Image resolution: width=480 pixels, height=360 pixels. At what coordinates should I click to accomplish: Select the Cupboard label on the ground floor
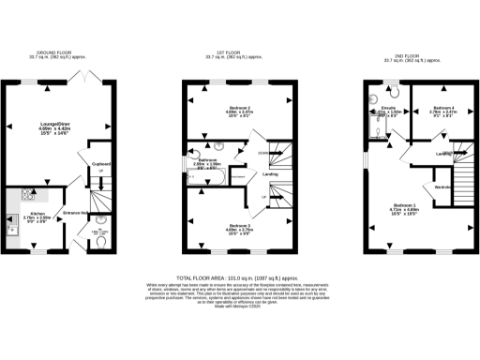click(x=102, y=163)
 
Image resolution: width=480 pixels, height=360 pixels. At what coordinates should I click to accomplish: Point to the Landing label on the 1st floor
click(x=269, y=173)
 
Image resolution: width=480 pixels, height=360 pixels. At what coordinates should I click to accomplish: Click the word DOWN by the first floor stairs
click(x=263, y=152)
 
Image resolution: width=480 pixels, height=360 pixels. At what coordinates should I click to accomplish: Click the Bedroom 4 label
click(x=442, y=108)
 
